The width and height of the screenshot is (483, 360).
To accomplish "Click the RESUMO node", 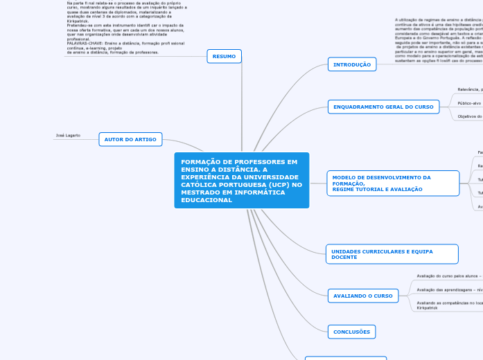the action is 224,56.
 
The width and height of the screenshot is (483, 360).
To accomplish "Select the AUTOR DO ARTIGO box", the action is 130,139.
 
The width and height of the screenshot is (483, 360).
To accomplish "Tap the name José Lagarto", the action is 68,136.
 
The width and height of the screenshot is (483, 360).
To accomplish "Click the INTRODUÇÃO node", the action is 352,64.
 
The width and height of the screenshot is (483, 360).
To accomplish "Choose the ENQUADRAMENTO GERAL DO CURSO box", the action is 383,107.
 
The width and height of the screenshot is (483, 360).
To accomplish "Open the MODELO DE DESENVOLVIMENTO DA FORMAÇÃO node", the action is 392,183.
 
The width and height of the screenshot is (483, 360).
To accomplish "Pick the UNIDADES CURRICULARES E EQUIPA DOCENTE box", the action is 392,254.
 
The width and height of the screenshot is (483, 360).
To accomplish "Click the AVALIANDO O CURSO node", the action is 363,296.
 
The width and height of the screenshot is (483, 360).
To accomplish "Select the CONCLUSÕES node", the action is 351,332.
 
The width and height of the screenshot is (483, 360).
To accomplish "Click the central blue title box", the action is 241,180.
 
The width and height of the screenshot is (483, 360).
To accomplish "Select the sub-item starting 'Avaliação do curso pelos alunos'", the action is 448,275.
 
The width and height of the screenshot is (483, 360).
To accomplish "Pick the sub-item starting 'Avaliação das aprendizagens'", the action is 448,289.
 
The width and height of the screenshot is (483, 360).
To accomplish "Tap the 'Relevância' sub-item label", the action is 469,89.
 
